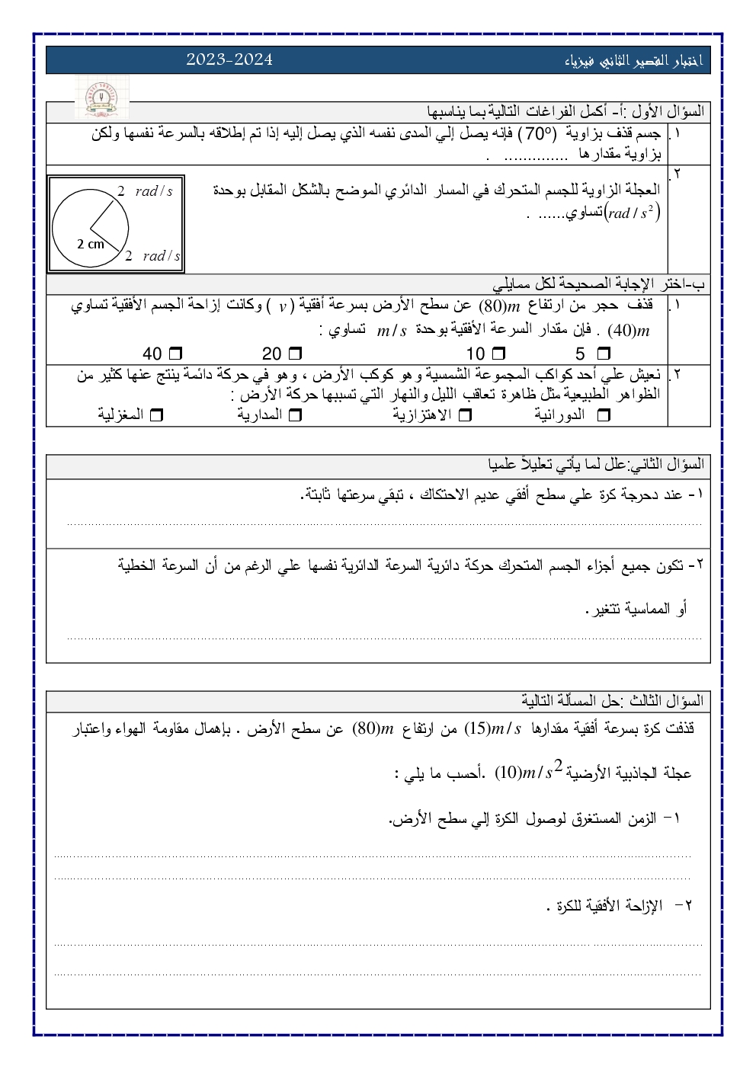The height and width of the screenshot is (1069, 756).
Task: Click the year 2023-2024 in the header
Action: coord(229,59)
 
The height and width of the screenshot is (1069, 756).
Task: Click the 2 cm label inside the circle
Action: coord(91,245)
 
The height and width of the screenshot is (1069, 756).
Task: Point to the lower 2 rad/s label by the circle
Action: coord(152,256)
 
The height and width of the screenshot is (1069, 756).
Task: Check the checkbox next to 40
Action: coord(175,354)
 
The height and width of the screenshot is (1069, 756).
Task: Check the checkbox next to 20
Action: coord(296,354)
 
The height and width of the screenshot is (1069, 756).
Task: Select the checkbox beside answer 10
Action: coord(498,354)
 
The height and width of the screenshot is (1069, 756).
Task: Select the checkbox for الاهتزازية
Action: coord(466,415)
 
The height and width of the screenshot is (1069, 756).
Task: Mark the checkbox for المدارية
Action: coord(296,415)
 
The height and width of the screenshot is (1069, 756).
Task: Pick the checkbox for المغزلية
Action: coord(158,415)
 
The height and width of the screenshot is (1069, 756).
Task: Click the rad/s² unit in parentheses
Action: coord(632,213)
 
